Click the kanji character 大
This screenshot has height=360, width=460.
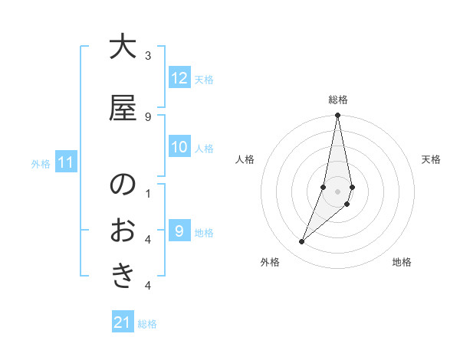[123, 47]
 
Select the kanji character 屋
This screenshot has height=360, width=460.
[123, 108]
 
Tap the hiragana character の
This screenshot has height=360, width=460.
[123, 185]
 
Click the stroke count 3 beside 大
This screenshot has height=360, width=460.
[148, 56]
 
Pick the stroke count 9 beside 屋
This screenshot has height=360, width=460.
[148, 116]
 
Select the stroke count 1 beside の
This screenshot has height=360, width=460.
[148, 193]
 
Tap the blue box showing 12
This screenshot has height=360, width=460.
[179, 78]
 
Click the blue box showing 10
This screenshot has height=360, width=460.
[179, 147]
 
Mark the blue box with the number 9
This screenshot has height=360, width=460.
[179, 231]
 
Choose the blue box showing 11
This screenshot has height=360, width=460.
[66, 162]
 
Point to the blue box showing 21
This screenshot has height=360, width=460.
[123, 322]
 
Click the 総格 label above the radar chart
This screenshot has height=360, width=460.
[338, 100]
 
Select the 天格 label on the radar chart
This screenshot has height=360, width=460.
[432, 159]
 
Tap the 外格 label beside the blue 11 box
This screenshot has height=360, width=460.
[41, 163]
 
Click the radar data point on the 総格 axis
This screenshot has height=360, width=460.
[338, 116]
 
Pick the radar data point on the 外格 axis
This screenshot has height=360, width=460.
[302, 242]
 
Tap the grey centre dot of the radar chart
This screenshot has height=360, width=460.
[338, 191]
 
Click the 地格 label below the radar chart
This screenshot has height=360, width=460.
[402, 262]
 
